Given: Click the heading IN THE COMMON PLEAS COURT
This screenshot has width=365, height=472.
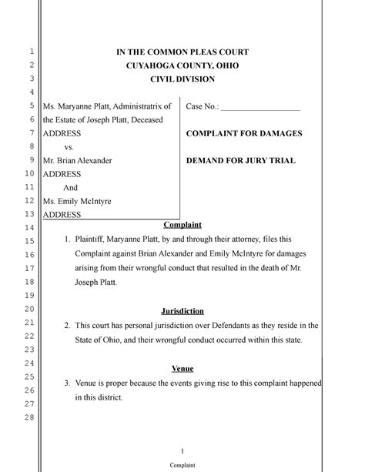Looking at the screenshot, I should click(x=182, y=52).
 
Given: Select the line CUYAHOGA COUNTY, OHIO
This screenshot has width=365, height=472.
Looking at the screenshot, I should click(x=182, y=65).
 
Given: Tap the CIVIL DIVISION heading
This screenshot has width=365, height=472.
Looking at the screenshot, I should click(x=182, y=79).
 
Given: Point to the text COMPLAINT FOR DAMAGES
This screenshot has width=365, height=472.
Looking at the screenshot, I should click(x=244, y=133).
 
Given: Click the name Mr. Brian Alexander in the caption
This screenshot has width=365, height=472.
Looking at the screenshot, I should click(x=77, y=161).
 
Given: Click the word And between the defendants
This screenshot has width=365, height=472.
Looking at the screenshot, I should click(x=70, y=187).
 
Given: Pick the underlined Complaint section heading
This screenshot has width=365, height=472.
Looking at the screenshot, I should click(x=182, y=224).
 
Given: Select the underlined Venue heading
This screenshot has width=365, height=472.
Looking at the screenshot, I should click(x=182, y=368).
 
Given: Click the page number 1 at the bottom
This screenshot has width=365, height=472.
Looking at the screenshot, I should click(x=182, y=450).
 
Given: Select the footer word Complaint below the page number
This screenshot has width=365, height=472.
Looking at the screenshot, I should click(x=182, y=466).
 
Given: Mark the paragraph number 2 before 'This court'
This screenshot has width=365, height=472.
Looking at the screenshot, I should click(x=67, y=325).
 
